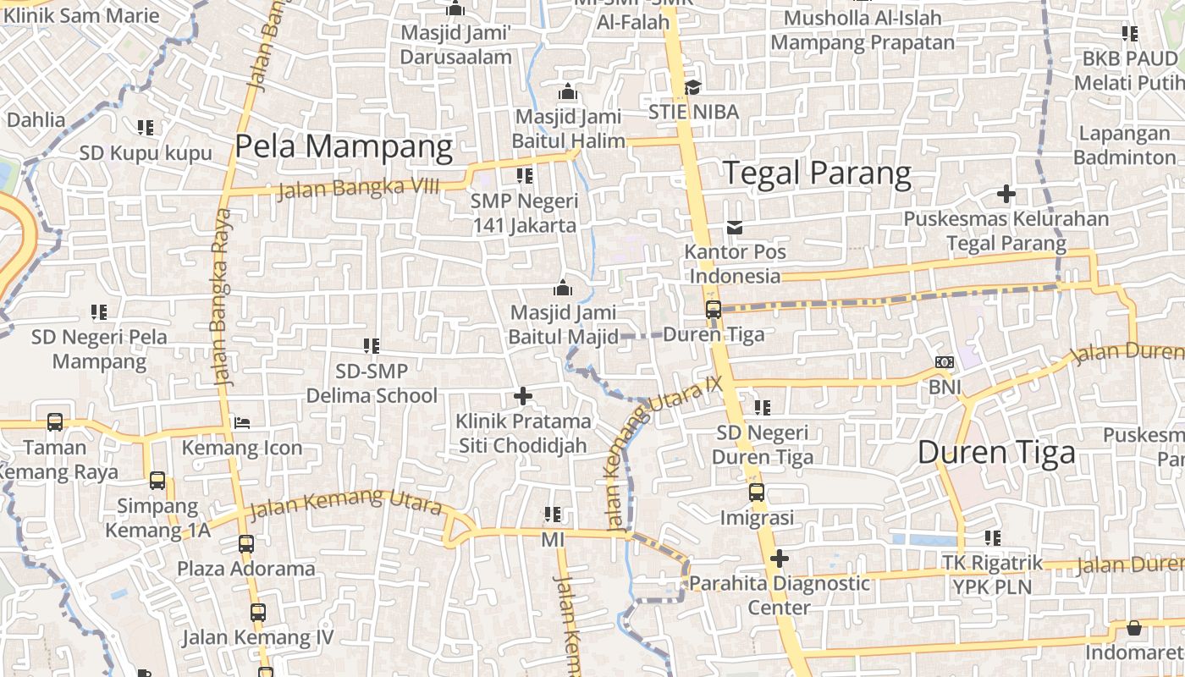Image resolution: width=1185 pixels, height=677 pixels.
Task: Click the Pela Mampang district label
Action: tap(344, 146)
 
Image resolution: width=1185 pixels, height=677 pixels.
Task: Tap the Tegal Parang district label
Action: tap(817, 173)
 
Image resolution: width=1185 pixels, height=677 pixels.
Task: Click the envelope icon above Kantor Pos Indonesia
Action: tap(734, 227)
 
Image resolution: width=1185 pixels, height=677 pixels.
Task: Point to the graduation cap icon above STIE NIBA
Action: tap(692, 87)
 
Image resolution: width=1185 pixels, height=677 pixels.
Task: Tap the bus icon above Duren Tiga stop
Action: tap(714, 310)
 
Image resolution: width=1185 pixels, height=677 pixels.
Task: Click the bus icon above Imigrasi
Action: tap(757, 493)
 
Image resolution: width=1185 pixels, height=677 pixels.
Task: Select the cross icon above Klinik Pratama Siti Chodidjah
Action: tap(523, 395)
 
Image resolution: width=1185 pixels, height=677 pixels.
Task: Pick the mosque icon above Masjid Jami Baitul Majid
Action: tap(563, 288)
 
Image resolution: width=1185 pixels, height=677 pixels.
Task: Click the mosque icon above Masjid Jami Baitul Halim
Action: tap(568, 91)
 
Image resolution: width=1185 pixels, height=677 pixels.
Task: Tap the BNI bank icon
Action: tap(945, 362)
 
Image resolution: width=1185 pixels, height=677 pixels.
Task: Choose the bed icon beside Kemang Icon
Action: tap(242, 422)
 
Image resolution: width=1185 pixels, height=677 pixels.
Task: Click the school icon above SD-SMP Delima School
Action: tap(371, 345)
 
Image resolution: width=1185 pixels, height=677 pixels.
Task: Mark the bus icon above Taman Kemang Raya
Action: tap(55, 421)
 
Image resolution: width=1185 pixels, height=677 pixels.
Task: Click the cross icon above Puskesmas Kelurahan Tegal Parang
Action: tap(1006, 194)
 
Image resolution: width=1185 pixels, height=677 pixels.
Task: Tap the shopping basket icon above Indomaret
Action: tap(1133, 628)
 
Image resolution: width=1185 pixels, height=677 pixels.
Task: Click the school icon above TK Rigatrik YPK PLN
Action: tap(993, 538)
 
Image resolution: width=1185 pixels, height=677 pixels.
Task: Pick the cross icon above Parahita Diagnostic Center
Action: tap(780, 559)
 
